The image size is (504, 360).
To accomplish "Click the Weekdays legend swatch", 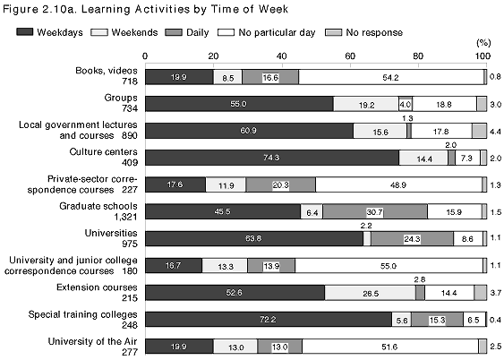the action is click(25, 32).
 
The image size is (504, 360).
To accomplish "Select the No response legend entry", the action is click(363, 32).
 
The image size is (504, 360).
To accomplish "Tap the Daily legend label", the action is click(197, 32).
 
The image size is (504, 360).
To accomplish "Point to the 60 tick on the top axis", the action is click(350, 56).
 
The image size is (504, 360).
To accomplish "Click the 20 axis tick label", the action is click(213, 56).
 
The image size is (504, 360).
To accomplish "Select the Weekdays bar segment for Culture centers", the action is click(272, 158).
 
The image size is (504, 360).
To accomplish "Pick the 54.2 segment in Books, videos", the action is click(391, 77).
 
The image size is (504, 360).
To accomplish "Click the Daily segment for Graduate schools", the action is click(375, 211).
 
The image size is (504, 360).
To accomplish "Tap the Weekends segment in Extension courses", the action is click(370, 293).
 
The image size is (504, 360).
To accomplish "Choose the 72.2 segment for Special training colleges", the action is click(269, 320).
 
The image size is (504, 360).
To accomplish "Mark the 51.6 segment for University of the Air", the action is click(390, 347).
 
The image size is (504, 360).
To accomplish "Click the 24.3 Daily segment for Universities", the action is click(412, 238).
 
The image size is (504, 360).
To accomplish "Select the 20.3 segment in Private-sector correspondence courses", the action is click(280, 184).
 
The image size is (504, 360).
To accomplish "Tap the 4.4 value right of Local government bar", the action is click(495, 132).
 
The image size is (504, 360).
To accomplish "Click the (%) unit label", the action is click(483, 43).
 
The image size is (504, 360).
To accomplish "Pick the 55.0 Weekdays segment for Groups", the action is click(239, 104).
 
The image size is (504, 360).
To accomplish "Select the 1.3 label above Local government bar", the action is click(407, 118).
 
